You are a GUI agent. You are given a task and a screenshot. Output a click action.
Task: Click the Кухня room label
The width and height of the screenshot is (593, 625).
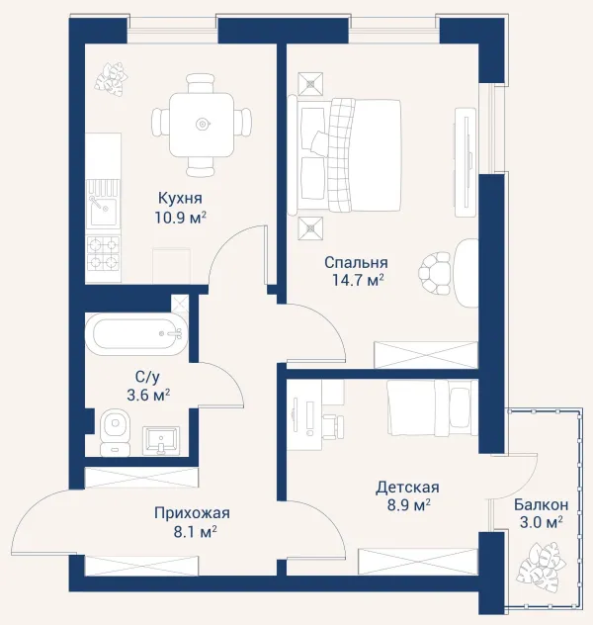point(181,198)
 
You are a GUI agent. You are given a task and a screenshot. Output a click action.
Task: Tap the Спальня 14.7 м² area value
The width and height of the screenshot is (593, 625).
point(358,280)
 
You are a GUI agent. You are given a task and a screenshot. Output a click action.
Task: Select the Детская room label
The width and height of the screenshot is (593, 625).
point(407,488)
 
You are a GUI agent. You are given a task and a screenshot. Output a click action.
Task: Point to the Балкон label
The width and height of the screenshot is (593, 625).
point(541,504)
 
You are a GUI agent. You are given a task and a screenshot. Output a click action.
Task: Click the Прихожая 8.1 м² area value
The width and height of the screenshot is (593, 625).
point(195,531)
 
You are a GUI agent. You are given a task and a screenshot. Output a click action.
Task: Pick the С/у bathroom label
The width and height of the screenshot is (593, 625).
point(147,376)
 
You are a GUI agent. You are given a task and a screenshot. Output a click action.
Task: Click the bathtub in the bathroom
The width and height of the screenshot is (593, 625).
point(136,333)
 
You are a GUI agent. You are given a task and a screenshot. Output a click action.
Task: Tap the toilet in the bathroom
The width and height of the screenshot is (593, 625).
point(115,433)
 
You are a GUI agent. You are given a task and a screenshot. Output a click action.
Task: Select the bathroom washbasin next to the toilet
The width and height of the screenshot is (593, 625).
point(161,440)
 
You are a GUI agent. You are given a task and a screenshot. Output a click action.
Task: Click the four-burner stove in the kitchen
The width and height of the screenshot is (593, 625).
point(103,253)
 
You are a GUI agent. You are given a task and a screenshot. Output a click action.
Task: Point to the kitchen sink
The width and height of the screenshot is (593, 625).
point(103,211)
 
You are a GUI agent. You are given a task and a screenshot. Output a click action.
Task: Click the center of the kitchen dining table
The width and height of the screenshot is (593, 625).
point(202,125)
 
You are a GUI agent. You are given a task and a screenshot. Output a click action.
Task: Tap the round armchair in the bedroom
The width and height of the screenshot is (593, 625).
point(435,273)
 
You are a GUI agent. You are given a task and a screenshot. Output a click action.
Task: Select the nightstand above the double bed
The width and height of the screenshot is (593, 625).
point(310,84)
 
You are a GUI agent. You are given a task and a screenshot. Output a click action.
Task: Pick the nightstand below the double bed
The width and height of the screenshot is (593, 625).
point(310,228)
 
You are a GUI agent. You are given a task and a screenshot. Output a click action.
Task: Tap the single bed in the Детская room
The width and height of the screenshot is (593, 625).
point(432,407)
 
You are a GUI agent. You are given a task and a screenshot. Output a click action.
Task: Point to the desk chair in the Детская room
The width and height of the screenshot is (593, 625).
point(333,426)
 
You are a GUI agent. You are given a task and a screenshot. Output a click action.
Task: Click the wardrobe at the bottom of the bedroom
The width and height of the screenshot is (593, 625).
point(425,355)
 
